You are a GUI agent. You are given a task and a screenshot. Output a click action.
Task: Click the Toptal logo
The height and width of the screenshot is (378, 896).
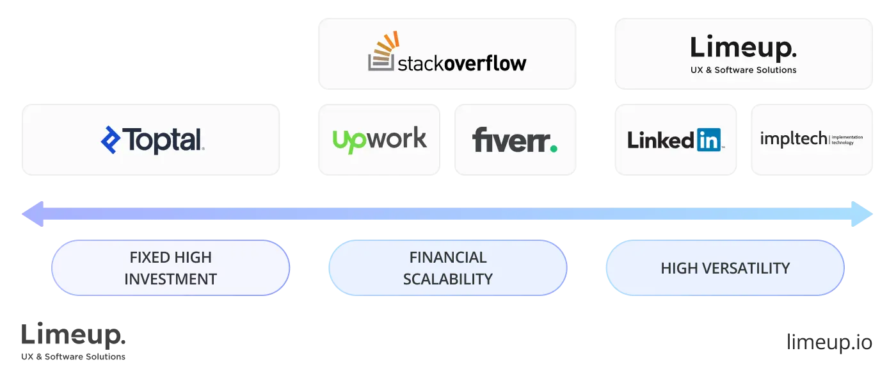[x=152, y=140]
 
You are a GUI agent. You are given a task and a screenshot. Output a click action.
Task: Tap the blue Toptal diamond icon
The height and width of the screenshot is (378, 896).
[x=111, y=140]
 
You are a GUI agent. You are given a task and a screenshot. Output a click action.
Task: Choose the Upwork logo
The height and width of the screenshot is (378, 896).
[x=380, y=139]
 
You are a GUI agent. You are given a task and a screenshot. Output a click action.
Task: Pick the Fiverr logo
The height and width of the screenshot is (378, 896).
[x=515, y=140]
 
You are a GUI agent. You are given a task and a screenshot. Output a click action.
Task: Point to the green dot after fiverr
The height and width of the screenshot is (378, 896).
[x=553, y=149]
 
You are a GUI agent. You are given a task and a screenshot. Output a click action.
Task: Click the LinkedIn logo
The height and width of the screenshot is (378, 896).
[x=675, y=140]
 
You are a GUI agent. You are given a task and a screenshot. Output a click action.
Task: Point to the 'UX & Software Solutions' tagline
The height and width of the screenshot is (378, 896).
[x=744, y=70]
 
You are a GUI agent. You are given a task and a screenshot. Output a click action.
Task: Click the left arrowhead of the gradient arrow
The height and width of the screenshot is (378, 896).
[x=32, y=213]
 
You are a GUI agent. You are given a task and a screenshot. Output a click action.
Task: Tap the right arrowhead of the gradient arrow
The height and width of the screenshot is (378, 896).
[x=864, y=213]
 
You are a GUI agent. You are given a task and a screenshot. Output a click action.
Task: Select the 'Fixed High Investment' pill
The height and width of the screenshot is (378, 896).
[x=170, y=268]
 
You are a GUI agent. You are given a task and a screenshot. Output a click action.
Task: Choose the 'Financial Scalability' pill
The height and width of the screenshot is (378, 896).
[x=447, y=268]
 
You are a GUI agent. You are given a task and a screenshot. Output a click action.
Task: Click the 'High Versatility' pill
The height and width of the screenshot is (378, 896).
[x=724, y=268]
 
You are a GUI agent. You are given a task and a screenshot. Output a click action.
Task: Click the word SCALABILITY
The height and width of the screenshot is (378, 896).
[x=448, y=279]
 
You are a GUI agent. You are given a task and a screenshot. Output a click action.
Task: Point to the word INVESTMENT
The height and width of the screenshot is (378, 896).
[x=170, y=279]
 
